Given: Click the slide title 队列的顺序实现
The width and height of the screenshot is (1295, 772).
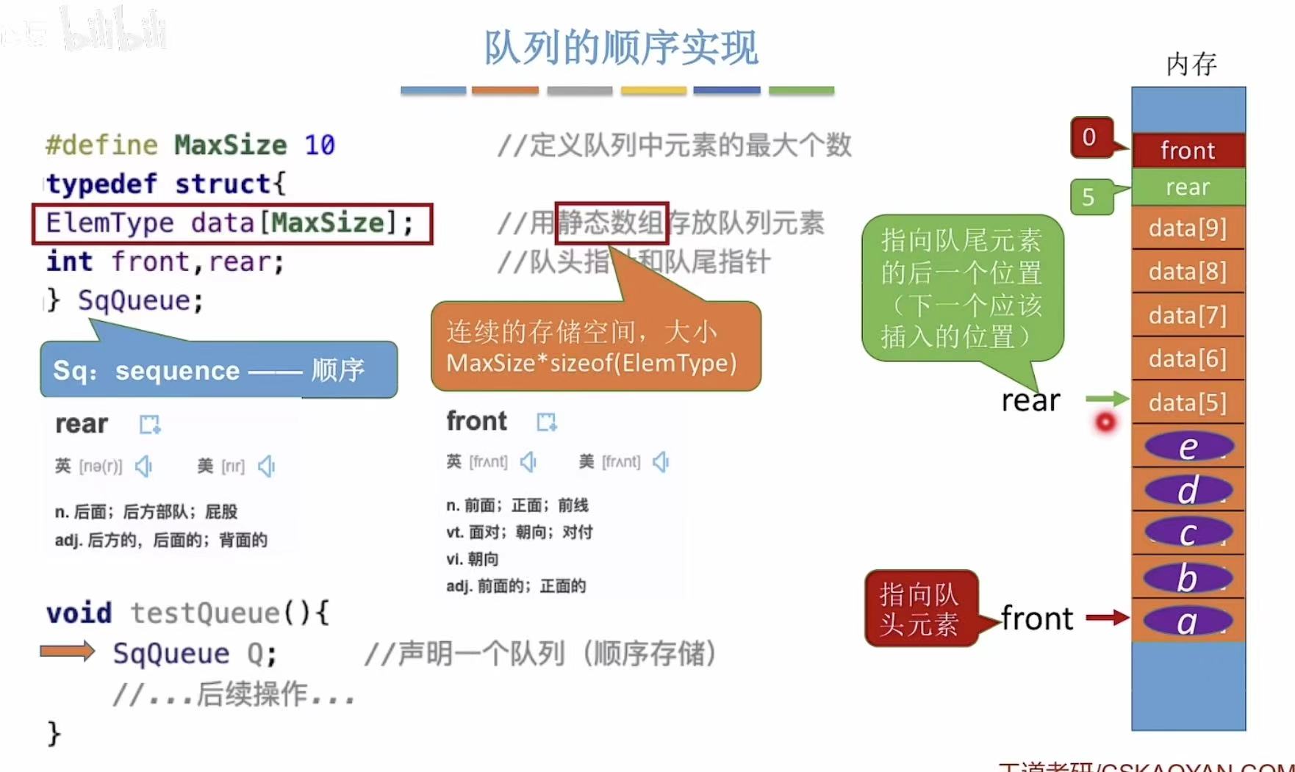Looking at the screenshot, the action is pos(621,48).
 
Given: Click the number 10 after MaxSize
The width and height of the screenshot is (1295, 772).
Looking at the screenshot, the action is pos(320,145).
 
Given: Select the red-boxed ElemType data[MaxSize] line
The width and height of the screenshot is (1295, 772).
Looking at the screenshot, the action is pos(232,223).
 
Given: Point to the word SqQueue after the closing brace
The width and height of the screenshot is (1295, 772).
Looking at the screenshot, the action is pos(140,300).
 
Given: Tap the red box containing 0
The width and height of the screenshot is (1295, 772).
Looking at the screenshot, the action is pos(1090,137).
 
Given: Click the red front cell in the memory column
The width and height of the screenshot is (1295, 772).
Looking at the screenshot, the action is pos(1188,151).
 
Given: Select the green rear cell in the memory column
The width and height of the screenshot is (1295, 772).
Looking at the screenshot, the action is pos(1188,187).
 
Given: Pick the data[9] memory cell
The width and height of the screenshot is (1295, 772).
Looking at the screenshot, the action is pos(1188,228).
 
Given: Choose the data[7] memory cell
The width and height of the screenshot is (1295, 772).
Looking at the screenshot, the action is pos(1188,316).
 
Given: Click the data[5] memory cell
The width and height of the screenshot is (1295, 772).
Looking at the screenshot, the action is pos(1188,403).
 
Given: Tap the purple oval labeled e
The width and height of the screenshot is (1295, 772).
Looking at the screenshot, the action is pos(1188,447).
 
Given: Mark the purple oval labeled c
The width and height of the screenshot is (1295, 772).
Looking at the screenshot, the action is pos(1188,533).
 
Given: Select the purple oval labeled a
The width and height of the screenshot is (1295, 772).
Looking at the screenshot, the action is pos(1188,621).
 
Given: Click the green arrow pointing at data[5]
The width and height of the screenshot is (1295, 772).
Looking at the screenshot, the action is pos(1107,399).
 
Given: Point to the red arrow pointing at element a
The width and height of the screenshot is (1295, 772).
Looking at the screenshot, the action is pos(1107,618).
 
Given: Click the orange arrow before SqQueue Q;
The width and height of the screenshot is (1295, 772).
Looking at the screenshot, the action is pos(68,652).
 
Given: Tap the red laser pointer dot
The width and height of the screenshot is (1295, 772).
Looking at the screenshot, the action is pos(1105,422).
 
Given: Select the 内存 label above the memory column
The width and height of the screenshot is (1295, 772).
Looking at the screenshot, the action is pos(1191,65).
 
